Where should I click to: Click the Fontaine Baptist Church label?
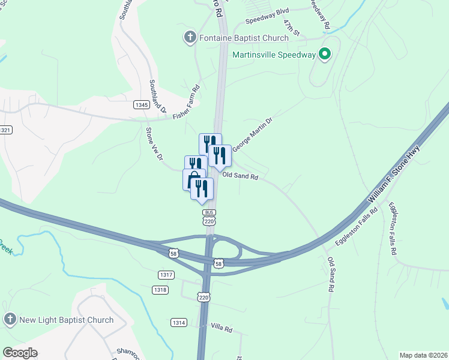click(x=244, y=38)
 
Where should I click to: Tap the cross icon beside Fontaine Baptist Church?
click(x=190, y=38)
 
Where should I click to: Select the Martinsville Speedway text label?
click(x=274, y=55)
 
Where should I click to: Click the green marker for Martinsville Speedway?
click(x=325, y=55)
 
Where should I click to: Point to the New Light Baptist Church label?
click(x=66, y=320)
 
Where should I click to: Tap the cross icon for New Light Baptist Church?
click(x=10, y=320)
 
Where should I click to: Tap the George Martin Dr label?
click(x=252, y=134)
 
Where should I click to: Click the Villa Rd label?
click(x=221, y=327)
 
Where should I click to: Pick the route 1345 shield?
click(x=142, y=105)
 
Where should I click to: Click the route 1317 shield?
click(x=166, y=275)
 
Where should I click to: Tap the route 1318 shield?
click(x=160, y=290)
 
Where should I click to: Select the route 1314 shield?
click(x=178, y=322)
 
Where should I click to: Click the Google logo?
click(x=20, y=353)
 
